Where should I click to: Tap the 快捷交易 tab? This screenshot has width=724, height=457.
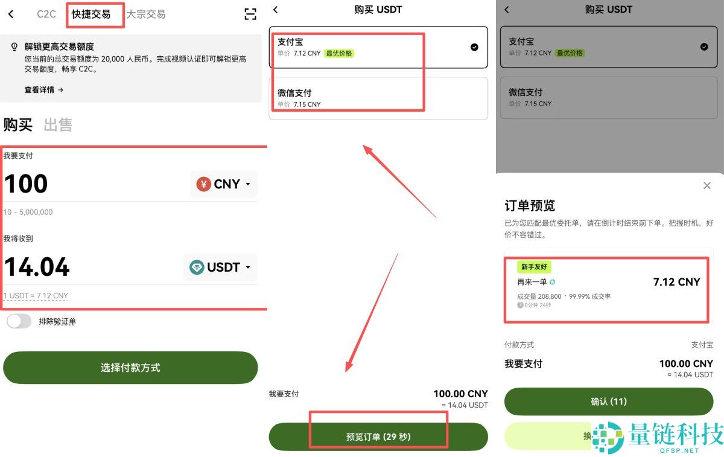pos(91,14)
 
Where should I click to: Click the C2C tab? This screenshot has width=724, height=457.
pos(46,14)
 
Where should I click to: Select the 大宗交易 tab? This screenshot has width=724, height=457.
pos(145,14)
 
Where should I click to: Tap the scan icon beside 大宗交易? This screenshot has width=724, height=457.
pos(250,14)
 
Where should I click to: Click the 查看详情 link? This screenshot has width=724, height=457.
pos(44,90)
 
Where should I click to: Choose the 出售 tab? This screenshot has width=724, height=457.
pos(58,125)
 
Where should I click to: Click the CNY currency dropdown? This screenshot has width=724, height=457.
pos(224,184)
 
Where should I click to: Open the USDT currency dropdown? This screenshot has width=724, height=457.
pos(220,267)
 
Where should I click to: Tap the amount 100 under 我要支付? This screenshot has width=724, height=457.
pos(26,184)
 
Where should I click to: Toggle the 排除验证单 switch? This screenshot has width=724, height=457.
pos(19,321)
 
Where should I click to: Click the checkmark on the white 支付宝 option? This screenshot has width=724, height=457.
pos(474,47)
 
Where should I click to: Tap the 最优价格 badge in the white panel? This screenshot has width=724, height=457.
pos(339,53)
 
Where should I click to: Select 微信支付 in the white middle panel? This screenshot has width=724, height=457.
pos(294,93)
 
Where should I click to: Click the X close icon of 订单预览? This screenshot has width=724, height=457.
pos(707,186)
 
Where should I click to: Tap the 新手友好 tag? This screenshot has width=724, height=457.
pos(534,267)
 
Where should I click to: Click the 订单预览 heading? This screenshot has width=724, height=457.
pos(530,205)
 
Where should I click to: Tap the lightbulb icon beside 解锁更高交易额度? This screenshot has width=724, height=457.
pos(14,47)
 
